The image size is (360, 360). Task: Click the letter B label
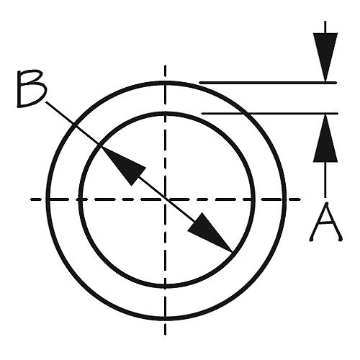pos(32,89)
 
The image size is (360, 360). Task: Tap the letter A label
pos(326,222)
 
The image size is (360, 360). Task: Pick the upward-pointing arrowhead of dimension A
pos(325,138)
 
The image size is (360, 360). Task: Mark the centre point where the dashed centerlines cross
pos(165,199)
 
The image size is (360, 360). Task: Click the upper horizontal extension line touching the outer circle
pos(268,83)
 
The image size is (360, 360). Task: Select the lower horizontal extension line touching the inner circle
pos(270,113)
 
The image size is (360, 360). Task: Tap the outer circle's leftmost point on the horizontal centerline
pos(48,199)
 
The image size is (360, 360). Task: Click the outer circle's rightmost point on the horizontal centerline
pos(284,199)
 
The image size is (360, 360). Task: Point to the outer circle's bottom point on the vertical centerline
pos(165,318)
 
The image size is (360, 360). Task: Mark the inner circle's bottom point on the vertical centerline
pos(165,286)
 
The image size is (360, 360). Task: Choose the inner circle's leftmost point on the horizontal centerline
pos(81,199)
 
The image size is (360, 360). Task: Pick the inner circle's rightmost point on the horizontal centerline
pos(253,199)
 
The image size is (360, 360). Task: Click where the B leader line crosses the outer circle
pos(73,125)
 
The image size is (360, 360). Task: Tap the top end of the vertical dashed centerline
pos(165,66)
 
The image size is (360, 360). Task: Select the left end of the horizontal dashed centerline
pos(31,199)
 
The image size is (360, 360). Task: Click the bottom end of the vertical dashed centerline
pos(165,335)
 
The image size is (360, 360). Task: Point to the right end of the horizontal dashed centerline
pos(300,199)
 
